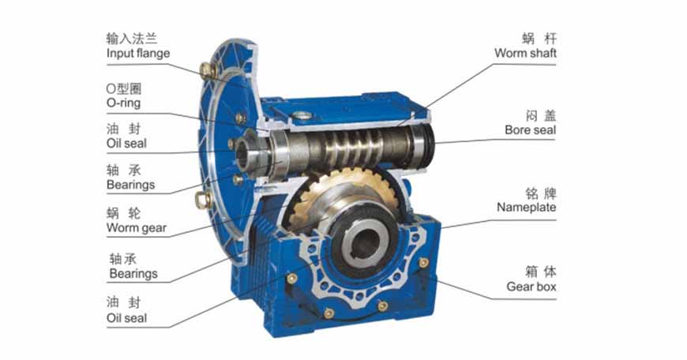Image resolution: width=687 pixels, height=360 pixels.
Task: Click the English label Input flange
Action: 138,54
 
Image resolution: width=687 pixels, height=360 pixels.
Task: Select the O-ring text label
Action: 123,103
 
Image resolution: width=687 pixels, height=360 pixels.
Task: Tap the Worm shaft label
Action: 525,53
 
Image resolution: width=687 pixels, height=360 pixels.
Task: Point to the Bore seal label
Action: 530,130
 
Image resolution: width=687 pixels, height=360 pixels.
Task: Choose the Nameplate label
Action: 526,207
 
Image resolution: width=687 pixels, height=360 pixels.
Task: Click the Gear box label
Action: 531,287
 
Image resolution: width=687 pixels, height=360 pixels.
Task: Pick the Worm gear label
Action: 137,227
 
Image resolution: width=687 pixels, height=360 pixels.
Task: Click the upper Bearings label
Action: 130,185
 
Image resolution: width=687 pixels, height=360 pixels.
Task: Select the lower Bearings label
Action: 133,274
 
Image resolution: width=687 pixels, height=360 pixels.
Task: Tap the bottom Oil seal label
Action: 126,318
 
